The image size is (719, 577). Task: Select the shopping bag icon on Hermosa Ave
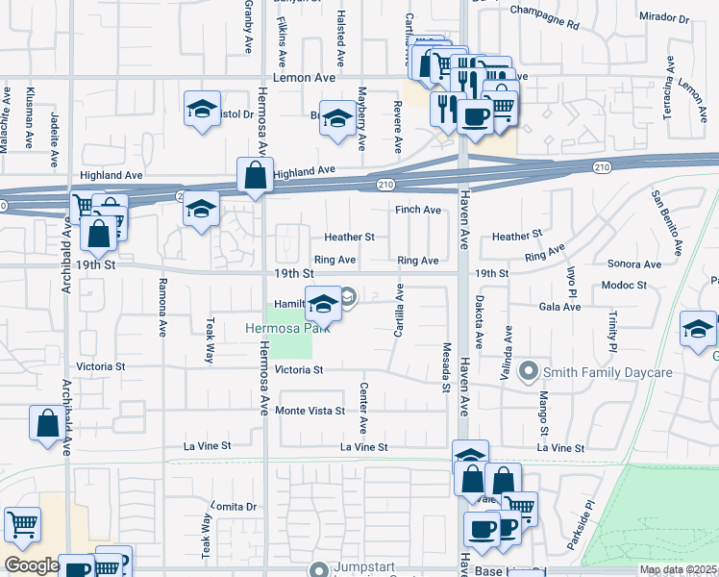click(256, 176)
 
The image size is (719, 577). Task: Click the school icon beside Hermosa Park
click(324, 304)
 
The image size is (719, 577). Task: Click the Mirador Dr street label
click(664, 18)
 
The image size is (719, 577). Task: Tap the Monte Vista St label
click(310, 411)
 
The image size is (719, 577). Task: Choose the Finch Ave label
click(417, 210)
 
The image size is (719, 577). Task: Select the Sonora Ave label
click(634, 264)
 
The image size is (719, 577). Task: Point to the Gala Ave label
click(559, 307)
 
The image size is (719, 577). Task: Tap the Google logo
click(31, 565)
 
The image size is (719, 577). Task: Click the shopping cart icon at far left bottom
click(22, 524)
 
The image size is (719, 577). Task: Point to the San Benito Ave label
click(666, 223)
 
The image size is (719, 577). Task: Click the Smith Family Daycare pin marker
click(527, 370)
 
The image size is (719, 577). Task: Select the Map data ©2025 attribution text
click(679, 569)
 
